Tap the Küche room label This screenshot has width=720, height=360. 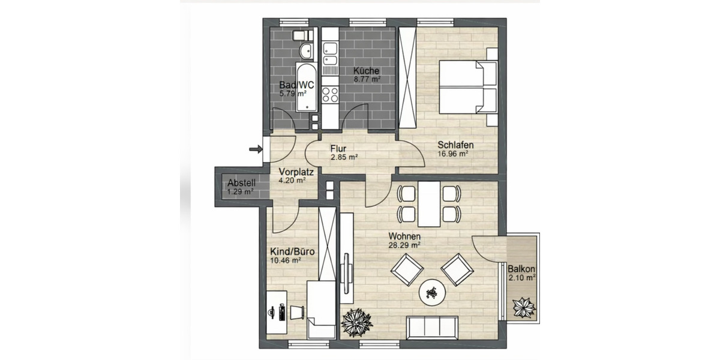pyautogui.click(x=366, y=70)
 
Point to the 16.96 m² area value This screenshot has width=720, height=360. pyautogui.click(x=453, y=153)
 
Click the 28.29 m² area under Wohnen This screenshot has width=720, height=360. pyautogui.click(x=404, y=245)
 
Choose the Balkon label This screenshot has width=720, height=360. pyautogui.click(x=521, y=269)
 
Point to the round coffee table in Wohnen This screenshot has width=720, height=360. pyautogui.click(x=432, y=292)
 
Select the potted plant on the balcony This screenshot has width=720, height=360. pyautogui.click(x=524, y=308)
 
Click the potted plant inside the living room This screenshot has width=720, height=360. pyautogui.click(x=356, y=323)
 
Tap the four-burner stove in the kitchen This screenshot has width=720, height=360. pyautogui.click(x=329, y=95)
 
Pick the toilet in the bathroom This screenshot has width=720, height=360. pyautogui.click(x=299, y=35)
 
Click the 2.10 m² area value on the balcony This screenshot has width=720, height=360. pyautogui.click(x=521, y=278)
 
